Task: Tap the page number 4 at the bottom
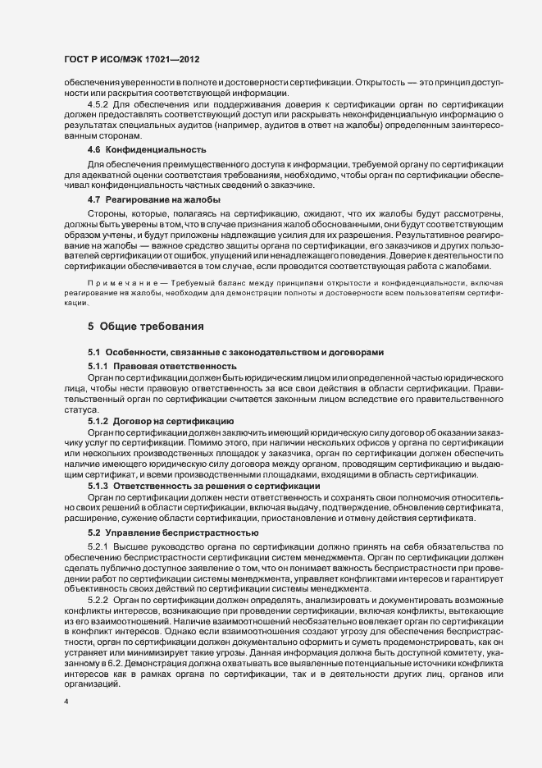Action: (66, 703)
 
